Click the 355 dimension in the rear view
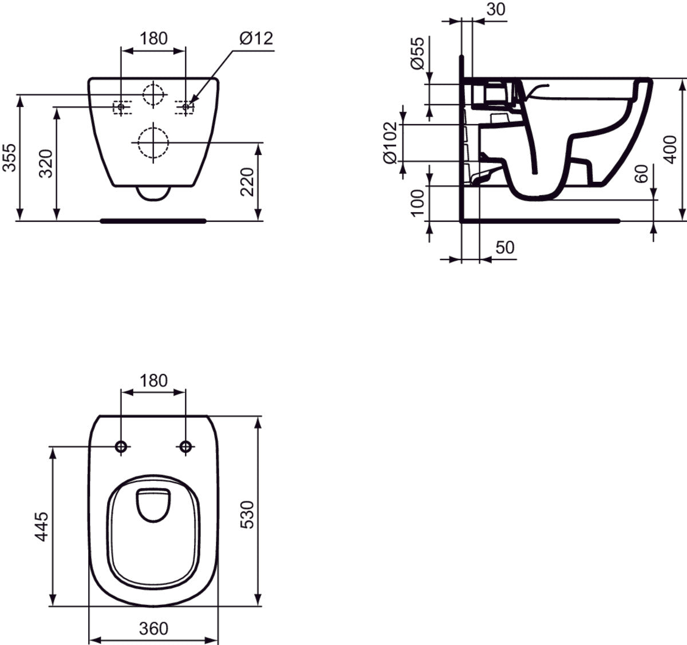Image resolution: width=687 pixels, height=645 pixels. point(9,157)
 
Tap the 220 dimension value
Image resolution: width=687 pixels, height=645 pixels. point(247,182)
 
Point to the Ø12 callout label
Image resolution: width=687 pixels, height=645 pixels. point(256,39)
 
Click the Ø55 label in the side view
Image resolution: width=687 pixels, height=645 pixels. point(418,53)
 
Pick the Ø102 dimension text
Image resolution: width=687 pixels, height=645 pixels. point(390,142)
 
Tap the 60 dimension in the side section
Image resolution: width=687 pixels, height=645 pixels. point(642,173)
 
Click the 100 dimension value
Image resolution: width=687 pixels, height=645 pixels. point(418,202)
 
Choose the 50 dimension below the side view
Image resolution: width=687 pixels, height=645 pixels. point(504,248)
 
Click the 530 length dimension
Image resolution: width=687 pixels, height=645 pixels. point(247,514)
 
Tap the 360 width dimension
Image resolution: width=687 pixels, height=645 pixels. point(154,628)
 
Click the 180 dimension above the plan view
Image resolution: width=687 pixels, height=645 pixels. point(153,380)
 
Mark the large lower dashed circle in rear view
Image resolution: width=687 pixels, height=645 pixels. point(153,142)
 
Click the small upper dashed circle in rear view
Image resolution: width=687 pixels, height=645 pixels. point(153,94)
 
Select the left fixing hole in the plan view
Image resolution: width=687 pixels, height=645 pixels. point(121,447)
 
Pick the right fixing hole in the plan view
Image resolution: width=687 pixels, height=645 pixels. point(185,447)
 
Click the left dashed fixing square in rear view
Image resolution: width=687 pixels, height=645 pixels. point(121,107)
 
